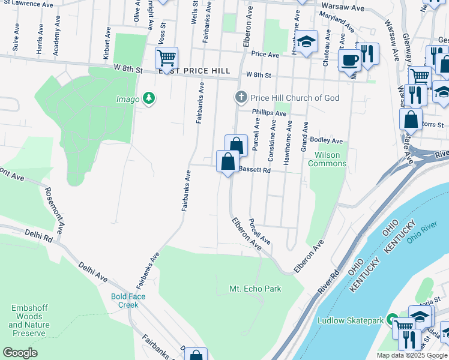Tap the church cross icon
click(241, 97)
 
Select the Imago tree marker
click(149, 98)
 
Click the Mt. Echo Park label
click(255, 289)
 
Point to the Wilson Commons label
click(327, 159)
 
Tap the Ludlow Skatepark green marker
click(392, 320)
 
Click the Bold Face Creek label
click(125, 301)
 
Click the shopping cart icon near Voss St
click(166, 58)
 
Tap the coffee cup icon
click(349, 59)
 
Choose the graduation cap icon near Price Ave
click(306, 41)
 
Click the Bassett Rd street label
click(255, 170)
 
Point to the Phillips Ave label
click(269, 113)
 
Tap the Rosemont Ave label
click(53, 210)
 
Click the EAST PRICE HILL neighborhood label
click(194, 71)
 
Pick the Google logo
click(20, 353)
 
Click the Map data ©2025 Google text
click(411, 355)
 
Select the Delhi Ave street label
click(92, 271)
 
